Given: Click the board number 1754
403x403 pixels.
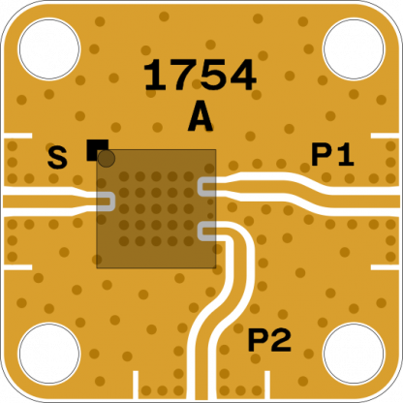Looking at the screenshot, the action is [x=200, y=76].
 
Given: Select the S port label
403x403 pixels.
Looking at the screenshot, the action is [x=57, y=158].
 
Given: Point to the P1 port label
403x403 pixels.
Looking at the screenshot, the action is [x=332, y=155].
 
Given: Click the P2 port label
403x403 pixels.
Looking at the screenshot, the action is [x=269, y=340].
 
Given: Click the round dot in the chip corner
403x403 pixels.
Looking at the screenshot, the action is [x=107, y=159].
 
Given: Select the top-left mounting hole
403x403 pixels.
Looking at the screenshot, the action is [x=49, y=49].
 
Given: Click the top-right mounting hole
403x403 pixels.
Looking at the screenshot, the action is [x=354, y=49].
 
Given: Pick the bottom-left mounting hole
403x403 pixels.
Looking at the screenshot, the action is [x=49, y=354].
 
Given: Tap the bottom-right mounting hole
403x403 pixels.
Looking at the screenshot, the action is [x=354, y=354].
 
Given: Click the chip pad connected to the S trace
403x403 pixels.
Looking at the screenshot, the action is [x=106, y=201].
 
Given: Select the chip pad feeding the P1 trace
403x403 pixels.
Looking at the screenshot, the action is [x=206, y=187].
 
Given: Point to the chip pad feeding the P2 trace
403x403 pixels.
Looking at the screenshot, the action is [x=206, y=232].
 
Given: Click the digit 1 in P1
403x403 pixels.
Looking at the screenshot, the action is [x=345, y=155].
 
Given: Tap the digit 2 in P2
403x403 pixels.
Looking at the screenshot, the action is [x=281, y=340].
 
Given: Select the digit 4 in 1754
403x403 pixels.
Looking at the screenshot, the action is [x=243, y=76].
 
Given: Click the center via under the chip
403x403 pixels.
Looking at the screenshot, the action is [x=156, y=209].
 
